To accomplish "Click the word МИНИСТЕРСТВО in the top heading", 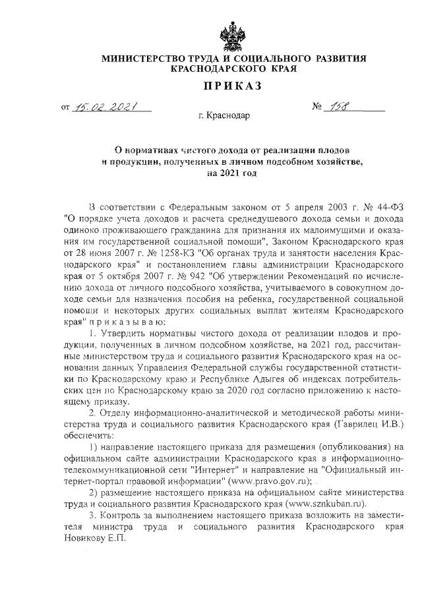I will [144, 59].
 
